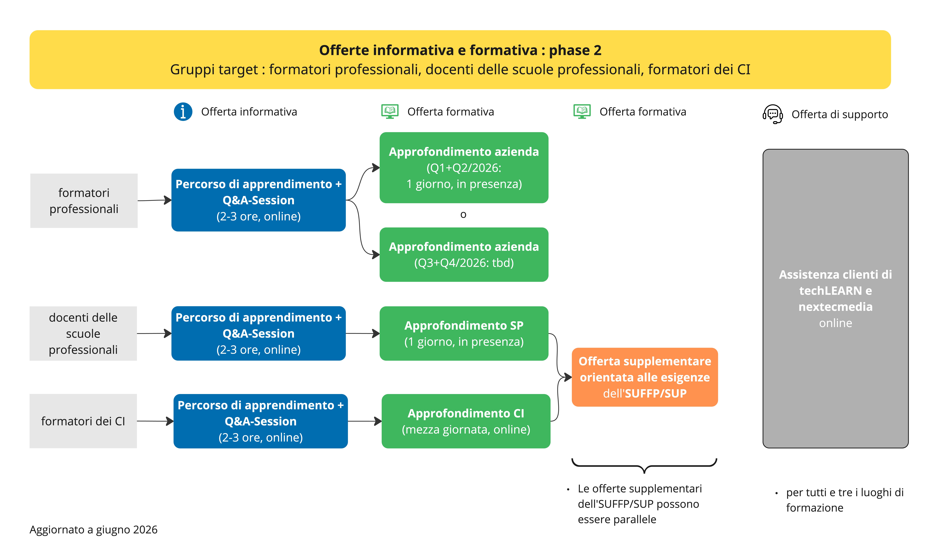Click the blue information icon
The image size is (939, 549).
pyautogui.click(x=183, y=112)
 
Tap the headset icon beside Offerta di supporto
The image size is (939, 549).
pyautogui.click(x=773, y=114)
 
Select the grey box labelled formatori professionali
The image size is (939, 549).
pyautogui.click(x=84, y=201)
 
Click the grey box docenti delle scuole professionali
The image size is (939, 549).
pyautogui.click(x=83, y=333)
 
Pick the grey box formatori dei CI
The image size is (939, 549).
pyautogui.click(x=83, y=421)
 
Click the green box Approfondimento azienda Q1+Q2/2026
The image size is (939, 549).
pyautogui.click(x=464, y=168)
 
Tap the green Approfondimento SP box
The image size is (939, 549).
pyautogui.click(x=464, y=333)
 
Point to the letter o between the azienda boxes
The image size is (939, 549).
pyautogui.click(x=463, y=215)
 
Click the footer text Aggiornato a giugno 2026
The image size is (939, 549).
pyautogui.click(x=94, y=530)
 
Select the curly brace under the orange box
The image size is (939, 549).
pyautogui.click(x=644, y=466)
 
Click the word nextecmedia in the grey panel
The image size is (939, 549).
pyautogui.click(x=835, y=307)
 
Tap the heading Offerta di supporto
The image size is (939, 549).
pyautogui.click(x=839, y=114)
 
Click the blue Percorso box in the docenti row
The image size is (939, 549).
pyautogui.click(x=259, y=333)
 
